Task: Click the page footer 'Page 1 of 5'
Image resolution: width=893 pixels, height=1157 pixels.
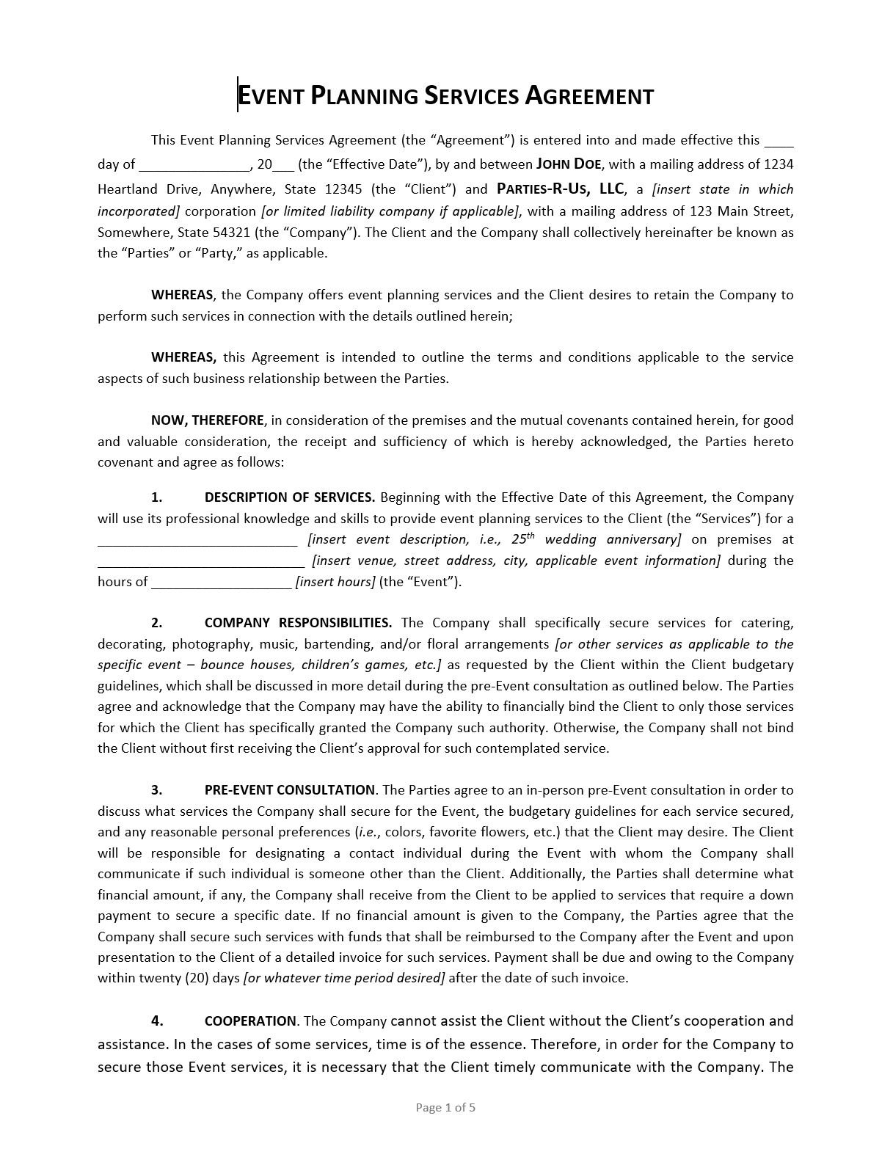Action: (x=445, y=1107)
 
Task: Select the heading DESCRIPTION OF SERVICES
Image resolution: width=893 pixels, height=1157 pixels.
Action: (x=289, y=497)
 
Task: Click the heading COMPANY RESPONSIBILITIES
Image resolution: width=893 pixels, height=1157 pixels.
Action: (x=298, y=623)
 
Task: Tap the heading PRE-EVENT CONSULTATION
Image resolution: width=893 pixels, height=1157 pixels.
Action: (x=289, y=790)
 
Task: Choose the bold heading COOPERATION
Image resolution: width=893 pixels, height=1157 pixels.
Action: (x=249, y=1021)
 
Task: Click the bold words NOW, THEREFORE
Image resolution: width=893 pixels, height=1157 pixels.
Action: (x=207, y=420)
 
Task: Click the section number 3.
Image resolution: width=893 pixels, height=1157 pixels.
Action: (x=156, y=790)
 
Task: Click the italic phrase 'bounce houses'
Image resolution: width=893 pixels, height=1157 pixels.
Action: (x=247, y=665)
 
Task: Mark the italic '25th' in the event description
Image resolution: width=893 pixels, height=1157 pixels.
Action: (x=522, y=539)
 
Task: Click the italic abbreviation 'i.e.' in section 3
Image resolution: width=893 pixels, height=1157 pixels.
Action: (x=365, y=832)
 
